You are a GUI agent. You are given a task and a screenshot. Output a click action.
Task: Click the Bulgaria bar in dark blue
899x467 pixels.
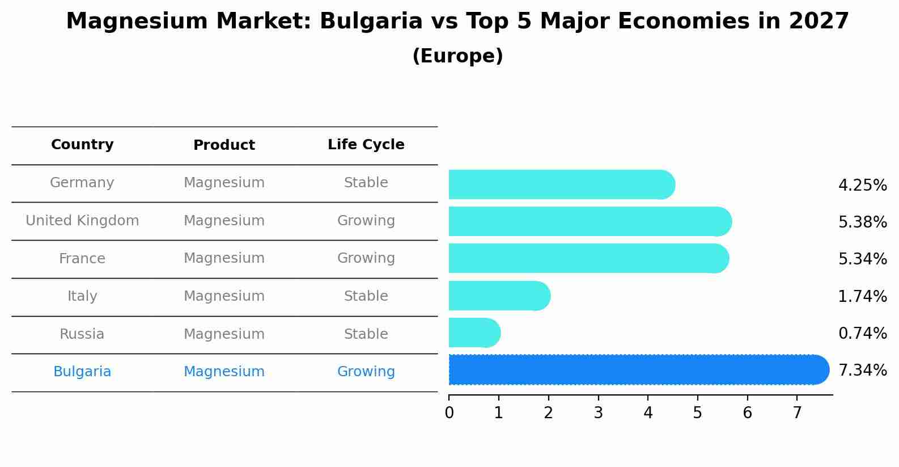click(x=638, y=370)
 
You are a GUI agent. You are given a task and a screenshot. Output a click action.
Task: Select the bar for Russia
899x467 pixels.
click(x=474, y=333)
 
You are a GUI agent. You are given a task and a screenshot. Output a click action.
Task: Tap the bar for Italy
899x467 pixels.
click(x=499, y=296)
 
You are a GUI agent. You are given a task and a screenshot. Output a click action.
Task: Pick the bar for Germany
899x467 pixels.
click(x=561, y=184)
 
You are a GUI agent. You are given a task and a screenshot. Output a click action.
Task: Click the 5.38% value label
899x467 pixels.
click(x=862, y=222)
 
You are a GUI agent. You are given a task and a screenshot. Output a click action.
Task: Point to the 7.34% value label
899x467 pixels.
click(x=862, y=370)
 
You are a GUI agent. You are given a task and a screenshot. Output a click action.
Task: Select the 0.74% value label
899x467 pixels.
click(x=862, y=333)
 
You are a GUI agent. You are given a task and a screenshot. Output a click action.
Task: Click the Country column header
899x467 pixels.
click(x=82, y=145)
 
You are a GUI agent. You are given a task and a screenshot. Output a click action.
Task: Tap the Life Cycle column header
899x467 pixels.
click(x=366, y=145)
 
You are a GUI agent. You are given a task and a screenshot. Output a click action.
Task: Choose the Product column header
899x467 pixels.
click(x=224, y=145)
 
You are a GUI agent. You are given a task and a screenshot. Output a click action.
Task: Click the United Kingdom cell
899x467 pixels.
click(x=82, y=221)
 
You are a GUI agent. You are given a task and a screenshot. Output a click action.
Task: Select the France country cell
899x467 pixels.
click(x=82, y=259)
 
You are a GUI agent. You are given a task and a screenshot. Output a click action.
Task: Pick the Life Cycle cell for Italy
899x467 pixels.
click(x=366, y=296)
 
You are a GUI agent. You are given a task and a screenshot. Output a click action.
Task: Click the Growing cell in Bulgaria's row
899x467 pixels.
click(x=366, y=372)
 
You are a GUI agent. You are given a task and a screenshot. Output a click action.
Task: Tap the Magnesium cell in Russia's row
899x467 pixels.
click(x=224, y=334)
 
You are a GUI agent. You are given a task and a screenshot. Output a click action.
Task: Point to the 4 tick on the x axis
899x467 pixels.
click(x=648, y=413)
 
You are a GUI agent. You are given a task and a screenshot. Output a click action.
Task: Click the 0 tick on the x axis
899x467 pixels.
click(x=449, y=413)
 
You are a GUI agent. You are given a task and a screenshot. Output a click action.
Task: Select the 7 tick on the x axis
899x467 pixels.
click(x=797, y=413)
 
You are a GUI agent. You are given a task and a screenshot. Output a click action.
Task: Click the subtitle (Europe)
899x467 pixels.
click(x=457, y=56)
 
